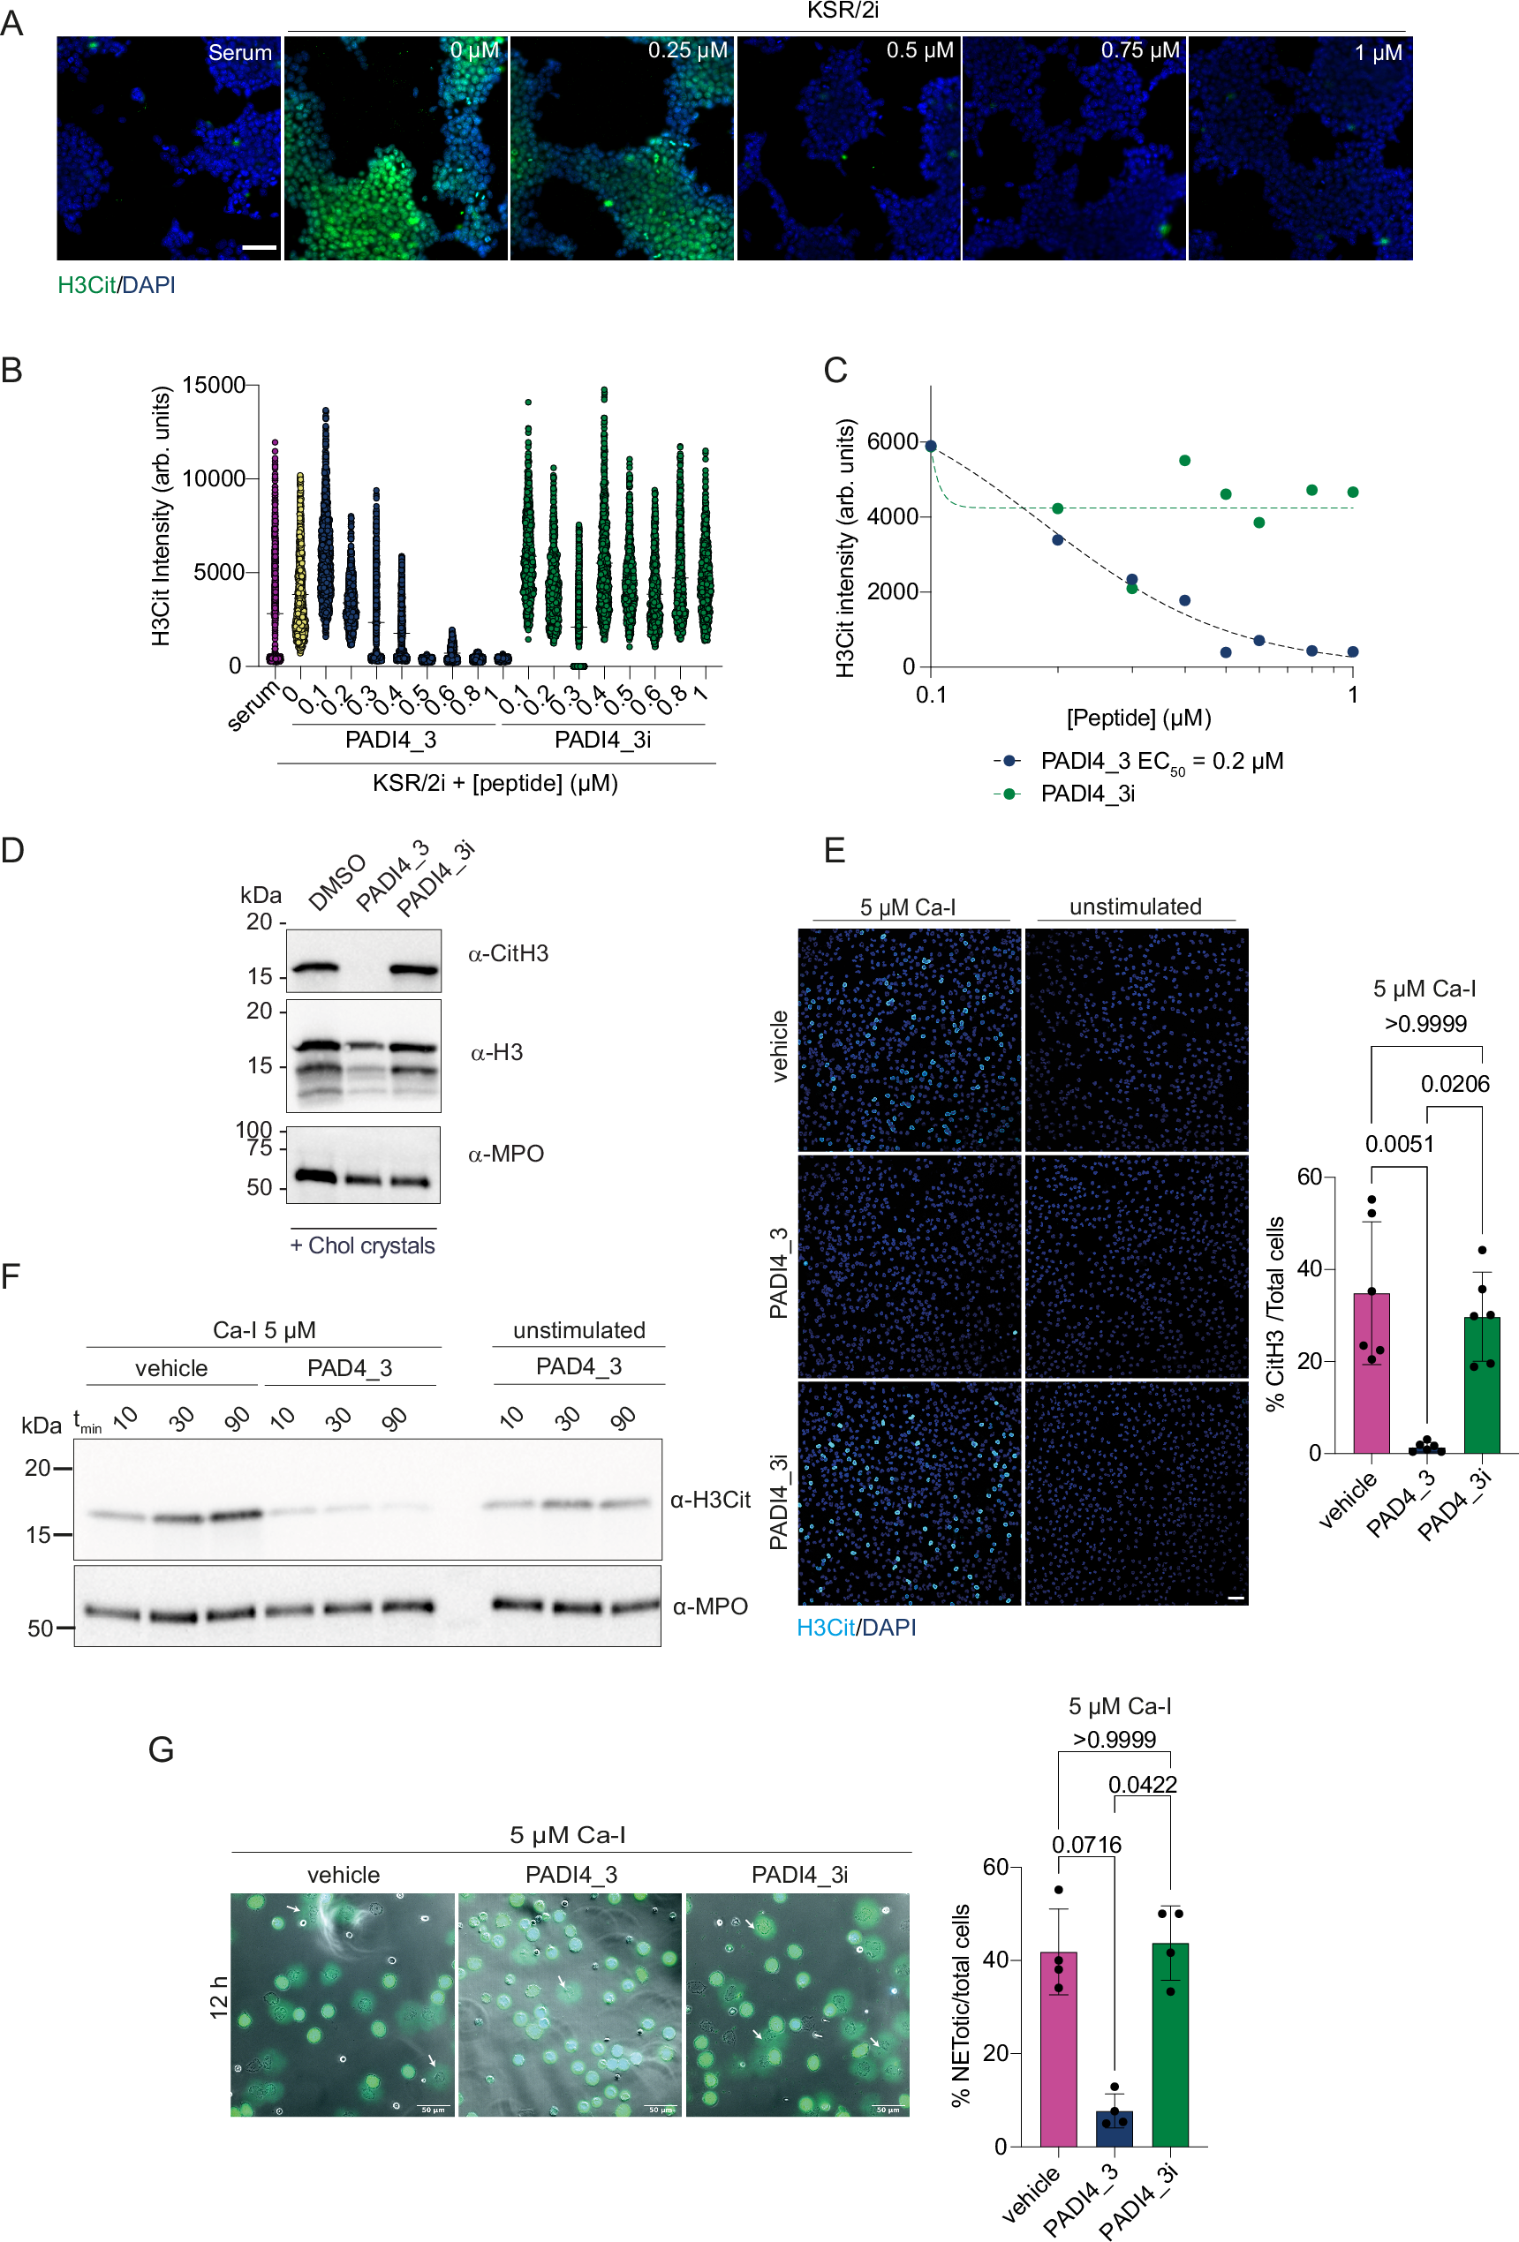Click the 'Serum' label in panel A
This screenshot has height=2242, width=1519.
pyautogui.click(x=239, y=52)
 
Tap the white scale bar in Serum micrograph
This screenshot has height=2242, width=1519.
pyautogui.click(x=259, y=248)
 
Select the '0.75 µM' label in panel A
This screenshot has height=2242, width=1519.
pyautogui.click(x=1140, y=50)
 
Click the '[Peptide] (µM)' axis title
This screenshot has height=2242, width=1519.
pyautogui.click(x=1137, y=718)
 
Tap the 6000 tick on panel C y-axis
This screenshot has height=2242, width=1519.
pyautogui.click(x=892, y=442)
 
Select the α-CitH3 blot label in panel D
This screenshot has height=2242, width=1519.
pyautogui.click(x=508, y=953)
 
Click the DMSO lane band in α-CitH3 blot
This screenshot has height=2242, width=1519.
pyautogui.click(x=314, y=967)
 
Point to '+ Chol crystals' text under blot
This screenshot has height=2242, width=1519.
pyautogui.click(x=362, y=1245)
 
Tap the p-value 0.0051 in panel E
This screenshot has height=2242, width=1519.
pyautogui.click(x=1398, y=1144)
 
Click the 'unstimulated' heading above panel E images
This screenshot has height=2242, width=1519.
pyautogui.click(x=1135, y=907)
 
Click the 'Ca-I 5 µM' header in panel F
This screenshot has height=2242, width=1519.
pyautogui.click(x=263, y=1330)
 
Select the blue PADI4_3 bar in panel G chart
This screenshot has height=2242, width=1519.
pyautogui.click(x=1114, y=2128)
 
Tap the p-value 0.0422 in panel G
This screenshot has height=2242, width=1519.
pyautogui.click(x=1142, y=1785)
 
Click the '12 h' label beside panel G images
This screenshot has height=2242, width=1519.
pyautogui.click(x=219, y=1997)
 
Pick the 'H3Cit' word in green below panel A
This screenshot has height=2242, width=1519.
pyautogui.click(x=86, y=284)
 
